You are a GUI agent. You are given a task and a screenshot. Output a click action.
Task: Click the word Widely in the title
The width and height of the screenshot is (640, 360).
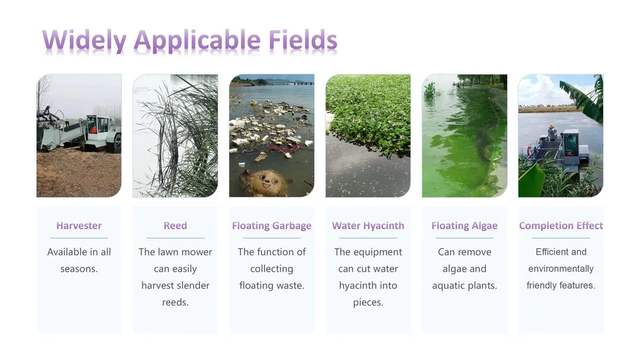point(85,41)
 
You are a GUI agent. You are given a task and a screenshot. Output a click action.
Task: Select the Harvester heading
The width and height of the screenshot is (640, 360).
point(78,226)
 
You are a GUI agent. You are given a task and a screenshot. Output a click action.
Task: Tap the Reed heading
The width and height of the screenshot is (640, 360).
point(175,226)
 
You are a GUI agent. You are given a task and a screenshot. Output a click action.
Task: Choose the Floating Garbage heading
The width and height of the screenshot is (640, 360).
point(272,226)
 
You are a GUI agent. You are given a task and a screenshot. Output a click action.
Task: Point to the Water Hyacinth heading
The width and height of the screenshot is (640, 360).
point(368,226)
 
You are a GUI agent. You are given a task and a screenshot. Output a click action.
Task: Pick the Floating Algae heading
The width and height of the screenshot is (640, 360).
point(464,226)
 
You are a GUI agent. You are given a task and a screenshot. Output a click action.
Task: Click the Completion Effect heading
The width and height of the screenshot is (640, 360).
point(561,226)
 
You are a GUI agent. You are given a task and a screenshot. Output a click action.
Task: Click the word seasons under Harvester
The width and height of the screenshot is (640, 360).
point(78,269)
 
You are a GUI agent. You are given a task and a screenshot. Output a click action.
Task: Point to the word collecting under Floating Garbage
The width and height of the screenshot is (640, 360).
point(272,269)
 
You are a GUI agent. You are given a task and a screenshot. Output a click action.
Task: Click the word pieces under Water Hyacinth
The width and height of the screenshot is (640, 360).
point(368,303)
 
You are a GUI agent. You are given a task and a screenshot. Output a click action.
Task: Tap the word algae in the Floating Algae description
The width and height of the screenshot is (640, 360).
point(453,269)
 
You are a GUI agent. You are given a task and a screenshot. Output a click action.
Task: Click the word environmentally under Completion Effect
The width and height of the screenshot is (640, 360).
point(561,269)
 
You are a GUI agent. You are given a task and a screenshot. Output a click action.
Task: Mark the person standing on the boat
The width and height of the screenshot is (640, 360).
point(552,133)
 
